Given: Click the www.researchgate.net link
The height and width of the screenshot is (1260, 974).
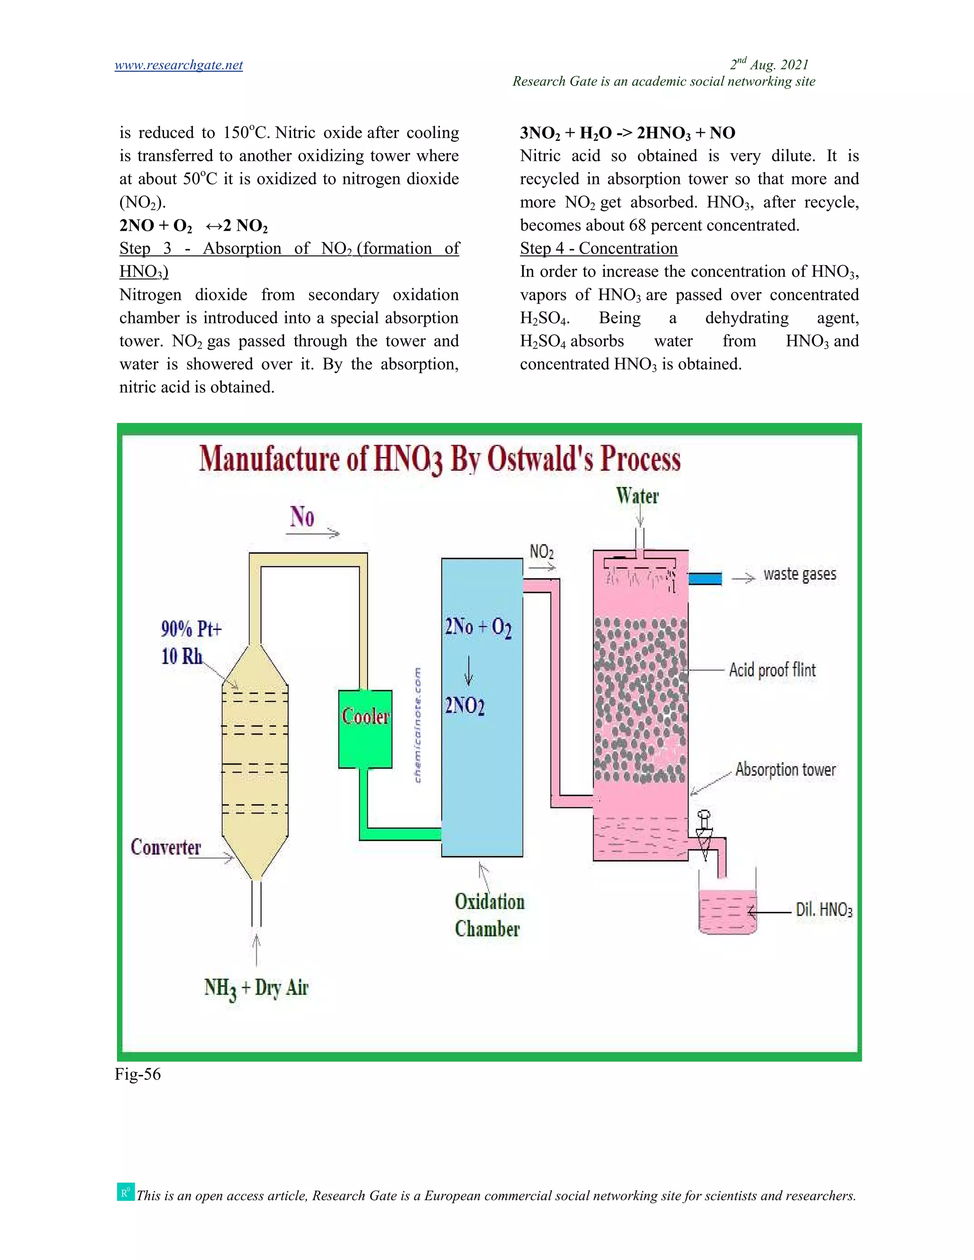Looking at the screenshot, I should pyautogui.click(x=178, y=65).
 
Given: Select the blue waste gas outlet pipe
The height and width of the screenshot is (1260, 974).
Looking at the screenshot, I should pyautogui.click(x=704, y=578).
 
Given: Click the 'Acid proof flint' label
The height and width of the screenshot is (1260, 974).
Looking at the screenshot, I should pyautogui.click(x=772, y=670).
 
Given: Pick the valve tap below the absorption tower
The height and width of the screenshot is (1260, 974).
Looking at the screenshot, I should pyautogui.click(x=704, y=834).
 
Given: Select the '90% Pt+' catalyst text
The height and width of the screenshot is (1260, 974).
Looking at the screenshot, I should pyautogui.click(x=191, y=629).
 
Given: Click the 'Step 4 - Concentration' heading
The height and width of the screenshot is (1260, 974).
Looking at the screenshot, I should pyautogui.click(x=598, y=248).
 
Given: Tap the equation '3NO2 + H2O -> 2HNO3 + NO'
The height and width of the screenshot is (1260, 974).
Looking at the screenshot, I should pyautogui.click(x=627, y=133).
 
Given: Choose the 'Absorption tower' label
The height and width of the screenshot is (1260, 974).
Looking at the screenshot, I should pyautogui.click(x=785, y=770).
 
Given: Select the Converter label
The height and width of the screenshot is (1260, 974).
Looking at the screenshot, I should pyautogui.click(x=166, y=847).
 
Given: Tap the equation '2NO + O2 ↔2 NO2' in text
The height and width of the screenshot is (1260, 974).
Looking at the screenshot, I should pyautogui.click(x=193, y=225).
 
